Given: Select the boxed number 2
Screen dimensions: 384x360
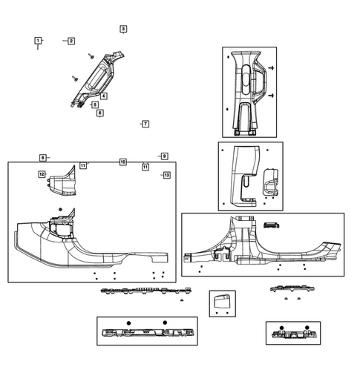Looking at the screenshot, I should tap(71, 41).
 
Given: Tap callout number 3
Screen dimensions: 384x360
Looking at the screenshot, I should tap(122, 28).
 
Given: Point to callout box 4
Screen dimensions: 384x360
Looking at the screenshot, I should tap(103, 96).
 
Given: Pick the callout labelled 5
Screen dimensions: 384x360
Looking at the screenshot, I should tap(95, 105).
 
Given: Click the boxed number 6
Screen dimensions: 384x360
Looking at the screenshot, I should tap(100, 113).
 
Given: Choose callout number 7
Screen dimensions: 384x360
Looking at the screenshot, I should tap(145, 124).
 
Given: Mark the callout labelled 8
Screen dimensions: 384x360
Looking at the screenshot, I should tap(43, 158).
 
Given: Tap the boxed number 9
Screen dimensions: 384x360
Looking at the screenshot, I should tap(164, 156).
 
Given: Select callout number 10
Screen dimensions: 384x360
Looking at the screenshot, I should tap(122, 162).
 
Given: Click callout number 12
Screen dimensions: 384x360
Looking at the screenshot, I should tap(42, 174).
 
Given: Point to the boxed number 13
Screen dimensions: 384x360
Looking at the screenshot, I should tap(166, 175).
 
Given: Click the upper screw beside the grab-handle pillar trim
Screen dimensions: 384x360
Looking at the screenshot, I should tap(272, 67).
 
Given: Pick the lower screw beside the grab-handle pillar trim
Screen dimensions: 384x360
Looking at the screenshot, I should tap(272, 96).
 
